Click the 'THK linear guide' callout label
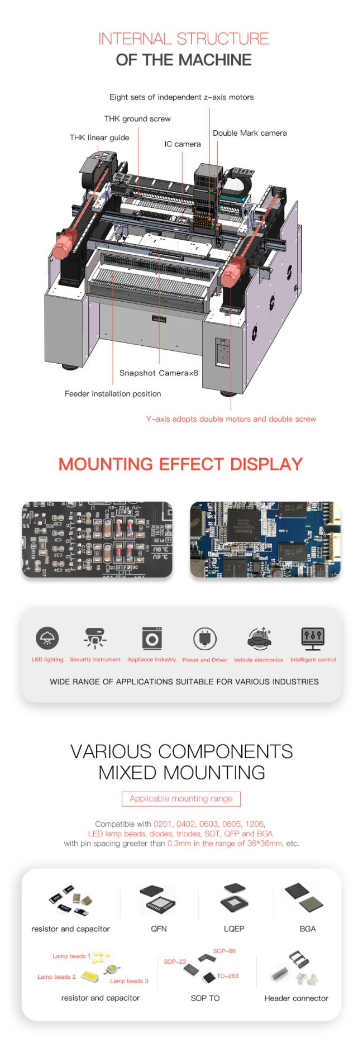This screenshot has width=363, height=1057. click(99, 137)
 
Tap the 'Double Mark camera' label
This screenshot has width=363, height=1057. click(250, 133)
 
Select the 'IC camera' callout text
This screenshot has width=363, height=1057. click(182, 144)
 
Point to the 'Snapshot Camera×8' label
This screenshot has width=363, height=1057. click(159, 373)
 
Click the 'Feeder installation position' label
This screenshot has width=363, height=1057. click(113, 393)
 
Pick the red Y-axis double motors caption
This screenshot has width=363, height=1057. click(231, 418)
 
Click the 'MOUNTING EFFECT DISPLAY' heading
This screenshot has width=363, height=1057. click(180, 464)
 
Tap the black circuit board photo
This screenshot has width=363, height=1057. click(97, 539)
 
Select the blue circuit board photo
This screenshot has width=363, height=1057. click(265, 539)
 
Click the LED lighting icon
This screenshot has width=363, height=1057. click(47, 638)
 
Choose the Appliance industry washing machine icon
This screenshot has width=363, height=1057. click(152, 638)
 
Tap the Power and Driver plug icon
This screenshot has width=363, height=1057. click(204, 639)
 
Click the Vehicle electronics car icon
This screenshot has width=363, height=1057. click(259, 639)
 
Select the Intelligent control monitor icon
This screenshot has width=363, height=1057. click(313, 638)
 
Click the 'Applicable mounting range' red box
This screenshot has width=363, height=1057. click(181, 798)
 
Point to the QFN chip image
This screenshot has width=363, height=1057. click(158, 899)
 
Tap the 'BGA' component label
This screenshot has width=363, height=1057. click(308, 929)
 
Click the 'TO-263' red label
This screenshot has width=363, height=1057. click(228, 976)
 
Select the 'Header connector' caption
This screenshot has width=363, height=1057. click(296, 998)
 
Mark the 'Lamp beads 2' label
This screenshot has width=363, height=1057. click(56, 977)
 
